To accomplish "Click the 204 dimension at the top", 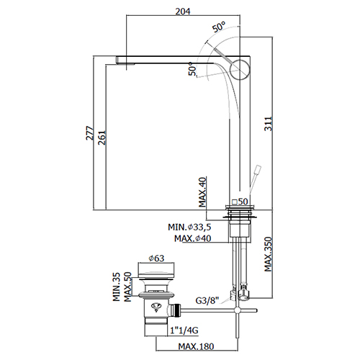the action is [183, 11].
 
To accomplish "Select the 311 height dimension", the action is [269, 124].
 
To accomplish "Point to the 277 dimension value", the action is [90, 132].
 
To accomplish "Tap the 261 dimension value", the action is [102, 138].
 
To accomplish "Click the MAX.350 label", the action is [269, 254].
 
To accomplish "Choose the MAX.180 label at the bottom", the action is [196, 346].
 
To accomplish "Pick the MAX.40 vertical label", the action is [202, 192].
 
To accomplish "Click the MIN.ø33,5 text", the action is [189, 227].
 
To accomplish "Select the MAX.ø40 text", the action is [193, 238].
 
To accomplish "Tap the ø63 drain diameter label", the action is [156, 258].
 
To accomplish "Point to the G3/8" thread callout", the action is [207, 300].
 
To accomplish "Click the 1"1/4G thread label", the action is [184, 330].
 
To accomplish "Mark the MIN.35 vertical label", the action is [117, 287].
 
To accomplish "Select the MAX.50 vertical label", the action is [127, 287].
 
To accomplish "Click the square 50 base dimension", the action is [240, 202].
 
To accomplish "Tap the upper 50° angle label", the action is [219, 27].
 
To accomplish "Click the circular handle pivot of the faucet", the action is [240, 69].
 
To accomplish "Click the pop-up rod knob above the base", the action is [258, 169].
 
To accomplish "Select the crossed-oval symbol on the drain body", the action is [156, 307].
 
